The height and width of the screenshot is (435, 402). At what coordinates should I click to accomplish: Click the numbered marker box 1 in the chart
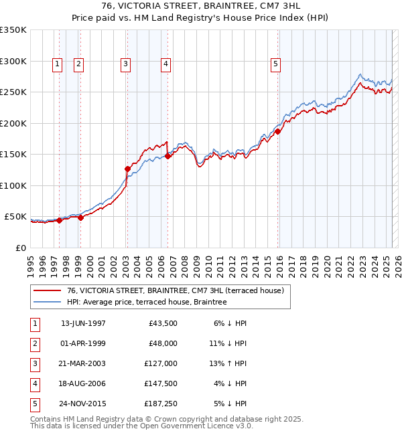pos(57,64)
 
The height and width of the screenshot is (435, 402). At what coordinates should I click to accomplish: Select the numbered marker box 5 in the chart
pos(275,64)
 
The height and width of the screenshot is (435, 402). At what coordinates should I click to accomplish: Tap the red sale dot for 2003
pos(127,169)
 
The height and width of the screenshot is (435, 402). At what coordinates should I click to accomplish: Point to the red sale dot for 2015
pos(278,132)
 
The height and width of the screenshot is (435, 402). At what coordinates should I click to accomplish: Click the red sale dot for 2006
pos(167,156)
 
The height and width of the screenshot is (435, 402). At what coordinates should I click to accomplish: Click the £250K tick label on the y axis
pos(13,92)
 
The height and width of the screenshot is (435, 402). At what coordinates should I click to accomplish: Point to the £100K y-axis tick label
pos(13,185)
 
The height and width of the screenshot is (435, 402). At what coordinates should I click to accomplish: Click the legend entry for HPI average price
pos(147,302)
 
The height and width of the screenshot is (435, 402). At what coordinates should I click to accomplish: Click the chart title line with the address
pos(201,7)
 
